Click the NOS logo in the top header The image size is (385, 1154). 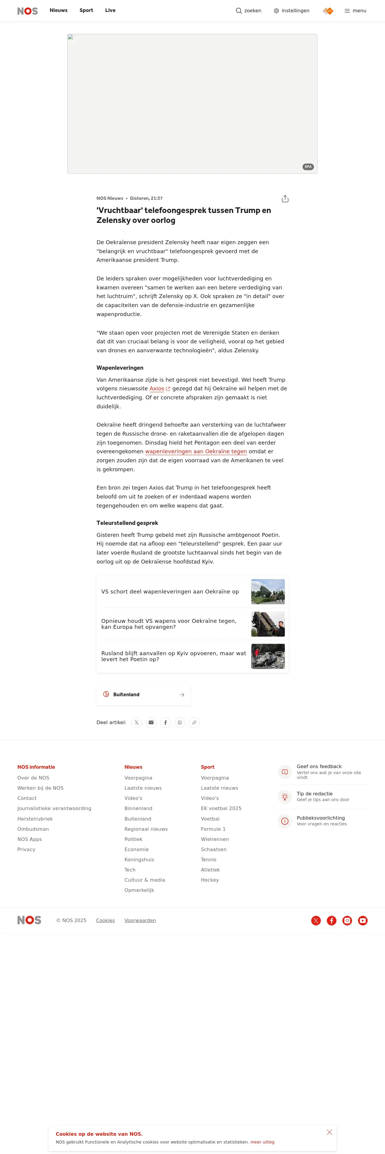coord(27,11)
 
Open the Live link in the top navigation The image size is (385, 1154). coord(110,10)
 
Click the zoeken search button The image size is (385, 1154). coord(248,11)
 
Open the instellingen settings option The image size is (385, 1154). coord(291,11)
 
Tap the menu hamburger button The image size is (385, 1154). coord(355,11)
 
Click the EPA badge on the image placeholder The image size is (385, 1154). coord(308,167)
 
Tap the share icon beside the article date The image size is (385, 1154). coord(285,199)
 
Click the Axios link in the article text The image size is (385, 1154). coord(157,389)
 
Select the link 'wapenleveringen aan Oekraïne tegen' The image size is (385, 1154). coord(196,451)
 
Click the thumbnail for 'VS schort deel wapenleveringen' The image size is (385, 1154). coord(267,592)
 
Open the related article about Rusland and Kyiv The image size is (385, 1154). coord(173,656)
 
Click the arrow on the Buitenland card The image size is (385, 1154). coord(181,695)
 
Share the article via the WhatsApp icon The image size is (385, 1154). coord(180,723)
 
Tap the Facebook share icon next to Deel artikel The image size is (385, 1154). coord(166,723)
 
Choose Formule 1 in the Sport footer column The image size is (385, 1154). coord(213,829)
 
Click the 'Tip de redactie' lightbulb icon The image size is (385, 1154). coord(285,797)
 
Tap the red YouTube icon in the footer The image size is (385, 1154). coord(363,921)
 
